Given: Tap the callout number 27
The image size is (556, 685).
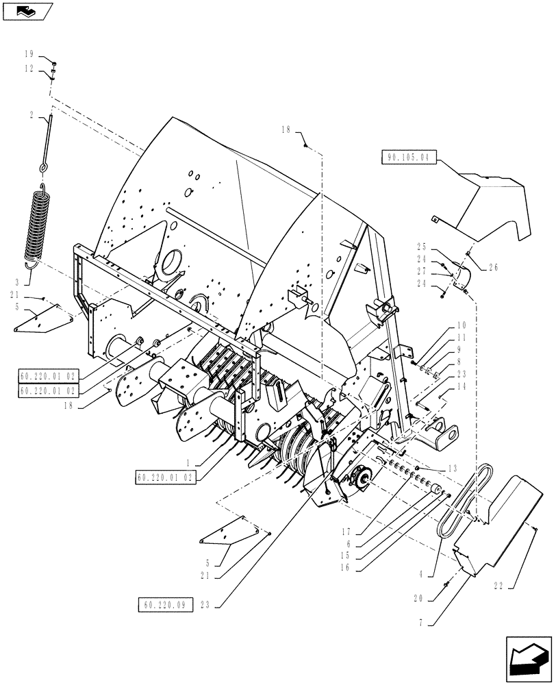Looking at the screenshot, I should point(420,272).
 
